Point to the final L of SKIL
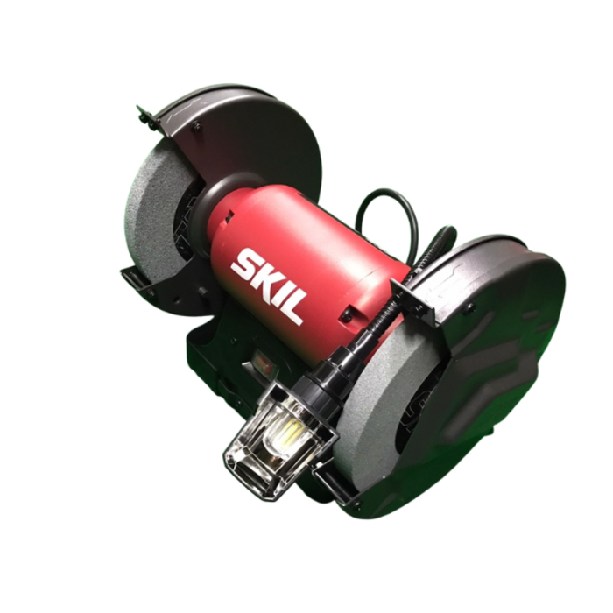pos(296,309)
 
